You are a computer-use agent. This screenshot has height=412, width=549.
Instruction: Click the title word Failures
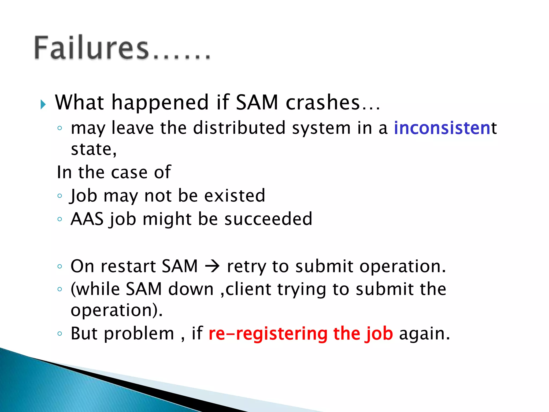(x=91, y=48)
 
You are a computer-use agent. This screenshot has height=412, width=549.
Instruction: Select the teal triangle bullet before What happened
(x=43, y=104)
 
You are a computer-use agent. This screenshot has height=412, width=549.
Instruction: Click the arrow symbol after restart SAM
(x=212, y=266)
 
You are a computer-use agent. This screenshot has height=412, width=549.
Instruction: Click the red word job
(x=379, y=334)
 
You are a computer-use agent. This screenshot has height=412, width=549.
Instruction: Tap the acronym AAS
(x=87, y=219)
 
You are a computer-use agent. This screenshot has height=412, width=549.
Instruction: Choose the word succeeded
(x=268, y=219)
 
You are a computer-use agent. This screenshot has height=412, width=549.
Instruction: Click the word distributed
(x=239, y=128)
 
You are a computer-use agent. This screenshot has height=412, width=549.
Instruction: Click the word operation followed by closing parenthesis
(x=114, y=311)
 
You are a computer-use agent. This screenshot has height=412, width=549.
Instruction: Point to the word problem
(x=139, y=334)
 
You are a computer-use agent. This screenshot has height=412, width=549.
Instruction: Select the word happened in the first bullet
(x=160, y=103)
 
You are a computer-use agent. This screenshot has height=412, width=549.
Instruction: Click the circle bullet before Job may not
(x=60, y=196)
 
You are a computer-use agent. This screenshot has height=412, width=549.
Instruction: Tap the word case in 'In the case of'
(x=129, y=172)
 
